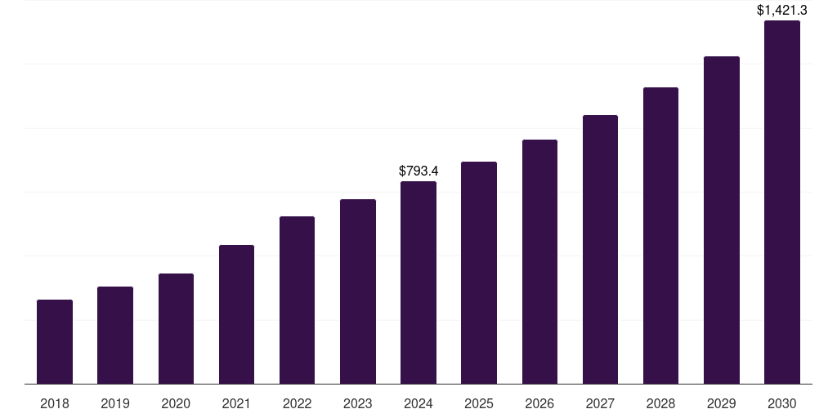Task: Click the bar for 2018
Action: pyautogui.click(x=55, y=342)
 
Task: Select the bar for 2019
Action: pyautogui.click(x=115, y=336)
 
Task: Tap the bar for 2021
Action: pyautogui.click(x=236, y=314)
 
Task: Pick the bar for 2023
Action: pyautogui.click(x=358, y=291)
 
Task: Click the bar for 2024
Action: pyautogui.click(x=418, y=282)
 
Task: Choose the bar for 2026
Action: pyautogui.click(x=539, y=262)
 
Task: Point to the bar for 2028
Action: pyautogui.click(x=660, y=236)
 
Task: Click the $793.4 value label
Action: pyautogui.click(x=418, y=171)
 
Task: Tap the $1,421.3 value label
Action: pyautogui.click(x=782, y=10)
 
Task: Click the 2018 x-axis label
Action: pyautogui.click(x=55, y=403)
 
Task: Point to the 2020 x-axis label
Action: pyautogui.click(x=176, y=403)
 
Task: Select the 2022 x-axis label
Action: pyautogui.click(x=297, y=403)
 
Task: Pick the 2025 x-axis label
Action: pyautogui.click(x=479, y=403)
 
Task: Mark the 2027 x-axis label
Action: pyautogui.click(x=600, y=403)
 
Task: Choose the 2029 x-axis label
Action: pyautogui.click(x=722, y=403)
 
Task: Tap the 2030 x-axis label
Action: pyautogui.click(x=782, y=403)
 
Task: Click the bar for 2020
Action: pyautogui.click(x=176, y=329)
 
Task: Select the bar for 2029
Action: pyautogui.click(x=722, y=220)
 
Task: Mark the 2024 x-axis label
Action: pyautogui.click(x=418, y=403)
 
